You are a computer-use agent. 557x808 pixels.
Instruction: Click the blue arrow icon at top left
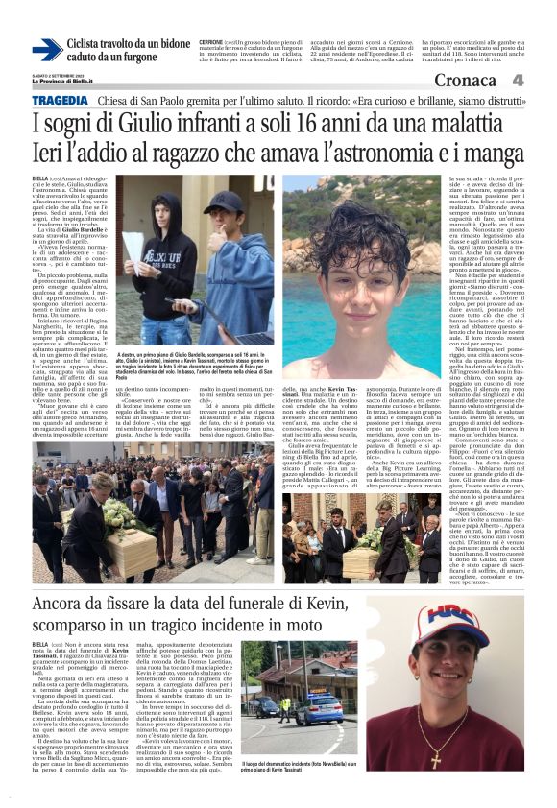tap(46, 49)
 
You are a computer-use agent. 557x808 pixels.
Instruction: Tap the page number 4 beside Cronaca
tap(518, 81)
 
